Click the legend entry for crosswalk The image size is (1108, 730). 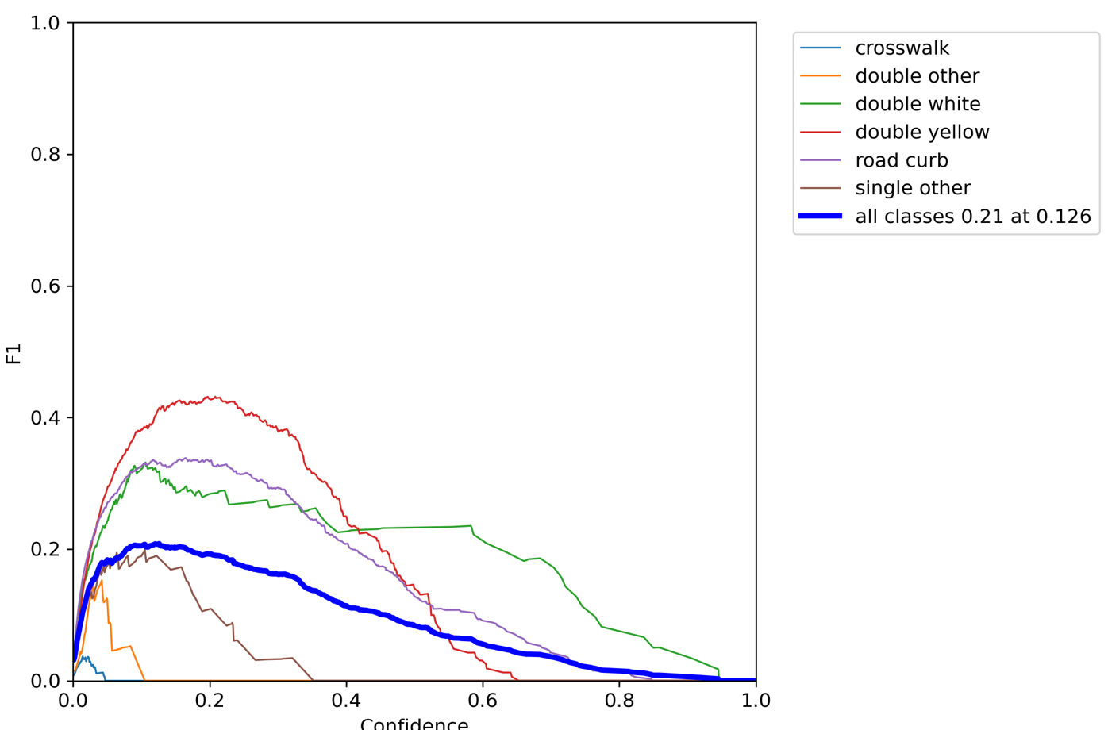902,48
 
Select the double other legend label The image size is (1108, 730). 917,76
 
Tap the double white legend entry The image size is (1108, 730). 918,104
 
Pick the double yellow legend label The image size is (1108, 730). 922,132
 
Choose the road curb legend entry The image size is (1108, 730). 902,160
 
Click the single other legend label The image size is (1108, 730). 913,188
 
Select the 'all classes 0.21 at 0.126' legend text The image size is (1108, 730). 973,217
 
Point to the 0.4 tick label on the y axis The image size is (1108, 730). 45,418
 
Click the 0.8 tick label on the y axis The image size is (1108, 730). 45,155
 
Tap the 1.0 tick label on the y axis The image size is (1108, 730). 45,23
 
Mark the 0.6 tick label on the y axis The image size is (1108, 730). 45,286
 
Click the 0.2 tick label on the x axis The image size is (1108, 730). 210,701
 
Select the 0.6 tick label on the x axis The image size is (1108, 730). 483,701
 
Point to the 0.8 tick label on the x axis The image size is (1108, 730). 619,701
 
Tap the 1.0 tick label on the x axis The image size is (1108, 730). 756,701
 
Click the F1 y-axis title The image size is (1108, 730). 13,353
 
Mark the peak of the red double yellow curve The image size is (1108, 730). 211,397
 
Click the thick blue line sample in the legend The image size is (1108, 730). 820,216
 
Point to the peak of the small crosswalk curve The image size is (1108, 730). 86,657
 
